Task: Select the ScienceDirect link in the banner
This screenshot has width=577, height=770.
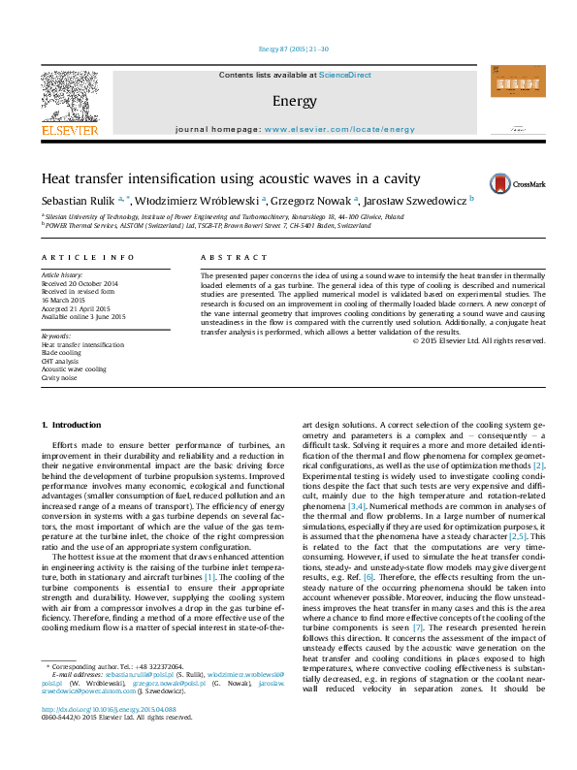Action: coord(345,75)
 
